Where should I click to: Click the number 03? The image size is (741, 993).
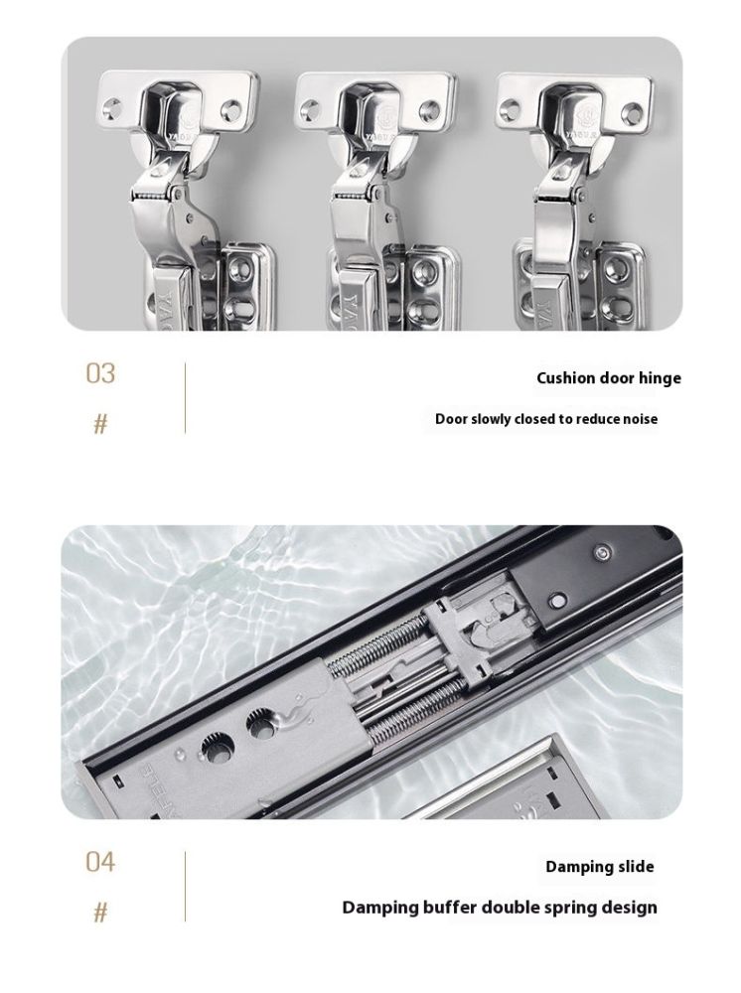pyautogui.click(x=100, y=373)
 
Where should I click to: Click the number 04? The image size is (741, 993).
pyautogui.click(x=100, y=862)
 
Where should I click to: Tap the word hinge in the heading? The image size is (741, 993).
pyautogui.click(x=660, y=378)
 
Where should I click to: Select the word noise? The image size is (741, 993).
pyautogui.click(x=641, y=419)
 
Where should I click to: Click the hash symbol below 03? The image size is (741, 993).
pyautogui.click(x=100, y=424)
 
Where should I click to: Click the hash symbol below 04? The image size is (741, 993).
pyautogui.click(x=100, y=913)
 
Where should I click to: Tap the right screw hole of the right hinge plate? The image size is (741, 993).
pyautogui.click(x=631, y=113)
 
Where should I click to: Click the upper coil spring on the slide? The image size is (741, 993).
pyautogui.click(x=374, y=643)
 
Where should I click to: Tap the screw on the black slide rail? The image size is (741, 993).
pyautogui.click(x=602, y=553)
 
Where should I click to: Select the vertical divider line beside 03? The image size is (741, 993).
pyautogui.click(x=185, y=398)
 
